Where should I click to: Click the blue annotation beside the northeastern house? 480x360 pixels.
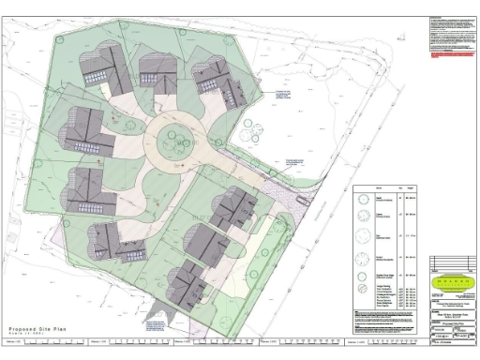pos(278,94)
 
